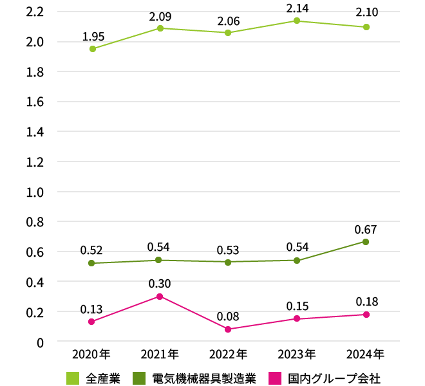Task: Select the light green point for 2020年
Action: point(93,49)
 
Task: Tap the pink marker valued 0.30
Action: point(159,297)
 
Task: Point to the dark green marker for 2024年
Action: point(366,242)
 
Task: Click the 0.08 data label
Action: point(227,316)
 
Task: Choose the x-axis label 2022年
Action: point(228,354)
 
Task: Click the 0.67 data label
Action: point(366,229)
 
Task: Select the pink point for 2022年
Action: point(228,329)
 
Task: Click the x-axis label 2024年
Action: point(365,354)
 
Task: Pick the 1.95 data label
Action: point(93,36)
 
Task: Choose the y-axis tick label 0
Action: point(39,342)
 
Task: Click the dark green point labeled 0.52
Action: point(91,263)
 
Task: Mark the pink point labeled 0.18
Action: point(366,315)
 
